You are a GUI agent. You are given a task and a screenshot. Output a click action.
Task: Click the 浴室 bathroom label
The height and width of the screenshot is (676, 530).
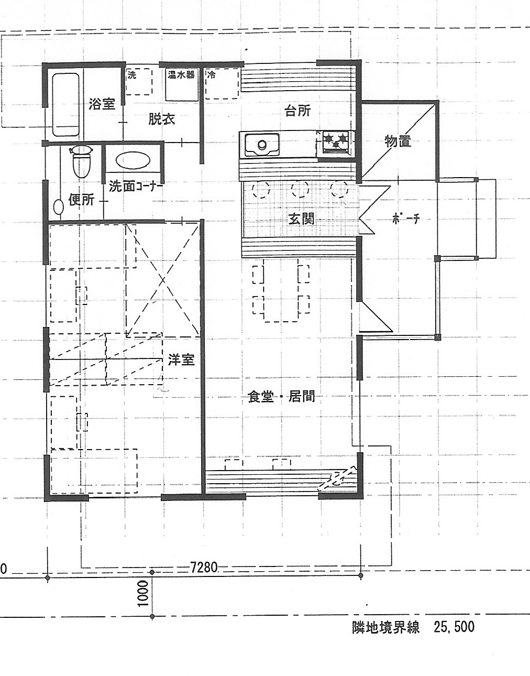coord(102,104)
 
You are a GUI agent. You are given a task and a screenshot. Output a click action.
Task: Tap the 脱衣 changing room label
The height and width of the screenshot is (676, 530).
coord(162,118)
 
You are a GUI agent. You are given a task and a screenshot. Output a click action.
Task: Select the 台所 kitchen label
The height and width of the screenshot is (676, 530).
coord(298,111)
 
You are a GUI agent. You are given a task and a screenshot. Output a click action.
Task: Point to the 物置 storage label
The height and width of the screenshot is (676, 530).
coord(398,141)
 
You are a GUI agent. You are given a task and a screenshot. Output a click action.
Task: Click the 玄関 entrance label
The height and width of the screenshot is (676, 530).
coord(301,219)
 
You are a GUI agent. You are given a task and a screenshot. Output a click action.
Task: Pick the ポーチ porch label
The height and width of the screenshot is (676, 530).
coord(406,219)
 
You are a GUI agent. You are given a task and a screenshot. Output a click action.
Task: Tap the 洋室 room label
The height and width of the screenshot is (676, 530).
coord(181,359)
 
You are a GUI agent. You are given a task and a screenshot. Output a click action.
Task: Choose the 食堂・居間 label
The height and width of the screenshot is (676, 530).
coord(281,397)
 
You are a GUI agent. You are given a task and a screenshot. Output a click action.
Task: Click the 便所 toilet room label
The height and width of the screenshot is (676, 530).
coord(81,200)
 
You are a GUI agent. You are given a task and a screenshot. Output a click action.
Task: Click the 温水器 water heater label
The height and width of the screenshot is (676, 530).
coord(181,74)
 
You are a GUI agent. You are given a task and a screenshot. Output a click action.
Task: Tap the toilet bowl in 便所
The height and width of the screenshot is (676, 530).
coord(81,161)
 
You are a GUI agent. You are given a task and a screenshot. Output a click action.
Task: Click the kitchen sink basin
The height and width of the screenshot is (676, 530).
coord(262,144)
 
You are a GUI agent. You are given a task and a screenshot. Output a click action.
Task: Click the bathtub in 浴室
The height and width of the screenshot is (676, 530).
coord(65,104)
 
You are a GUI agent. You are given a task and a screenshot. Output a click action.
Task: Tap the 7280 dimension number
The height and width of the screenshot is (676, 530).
coord(204,568)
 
